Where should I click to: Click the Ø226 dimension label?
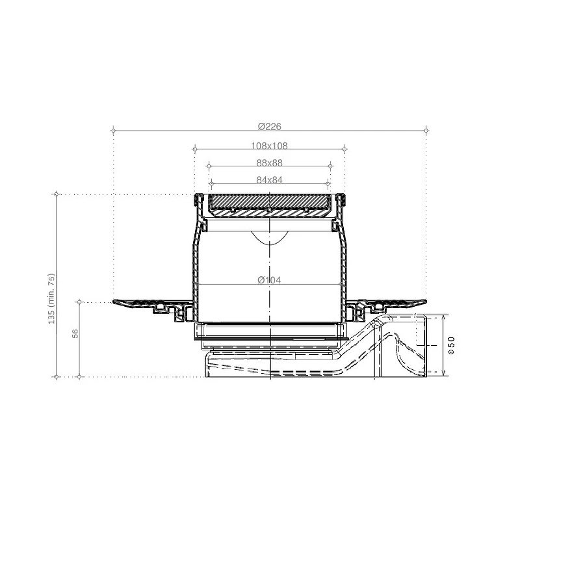[269, 126]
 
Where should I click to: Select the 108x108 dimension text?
[269, 146]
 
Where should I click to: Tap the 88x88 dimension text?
[269, 163]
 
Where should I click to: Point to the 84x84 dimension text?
[269, 180]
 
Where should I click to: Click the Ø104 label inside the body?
[269, 280]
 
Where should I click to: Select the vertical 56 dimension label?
[75, 333]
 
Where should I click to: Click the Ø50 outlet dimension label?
[451, 345]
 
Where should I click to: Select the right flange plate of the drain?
[390, 303]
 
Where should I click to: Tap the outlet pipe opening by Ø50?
[432, 345]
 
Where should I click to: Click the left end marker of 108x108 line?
[194, 149]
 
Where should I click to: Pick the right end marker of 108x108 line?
[345, 149]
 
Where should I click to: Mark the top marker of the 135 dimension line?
[57, 194]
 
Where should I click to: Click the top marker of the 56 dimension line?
[79, 302]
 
